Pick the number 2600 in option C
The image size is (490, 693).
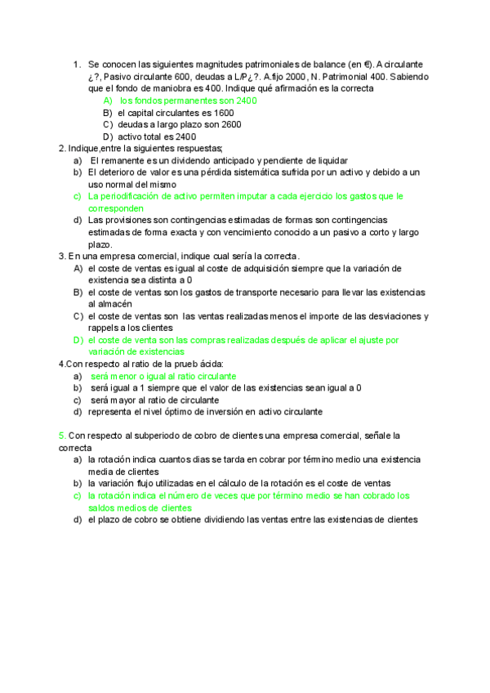coord(229,125)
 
